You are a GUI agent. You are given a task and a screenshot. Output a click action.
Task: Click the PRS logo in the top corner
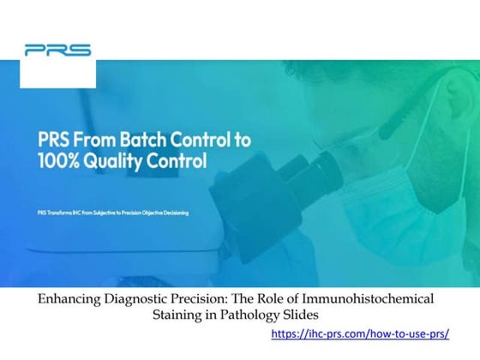(58, 50)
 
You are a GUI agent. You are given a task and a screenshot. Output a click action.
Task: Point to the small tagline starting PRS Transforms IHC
(113, 212)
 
